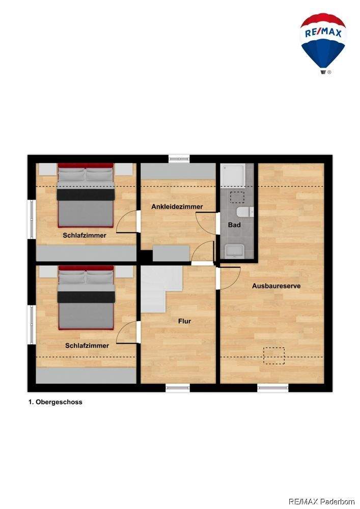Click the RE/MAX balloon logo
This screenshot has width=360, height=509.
point(323,43)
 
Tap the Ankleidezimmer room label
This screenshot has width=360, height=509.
point(177,207)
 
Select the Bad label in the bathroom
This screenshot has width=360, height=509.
point(234,224)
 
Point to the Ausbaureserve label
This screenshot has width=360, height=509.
point(276,286)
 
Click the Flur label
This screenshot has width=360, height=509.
point(184,321)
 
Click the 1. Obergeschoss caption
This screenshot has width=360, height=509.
point(55,402)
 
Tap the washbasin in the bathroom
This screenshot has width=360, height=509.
point(235,251)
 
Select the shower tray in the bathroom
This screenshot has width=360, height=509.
point(233,176)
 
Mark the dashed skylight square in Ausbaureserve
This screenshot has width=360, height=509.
point(273,355)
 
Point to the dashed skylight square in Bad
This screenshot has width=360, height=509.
point(237,197)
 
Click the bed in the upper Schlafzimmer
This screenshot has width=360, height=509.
point(86,195)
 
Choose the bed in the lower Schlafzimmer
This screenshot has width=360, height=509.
point(86,297)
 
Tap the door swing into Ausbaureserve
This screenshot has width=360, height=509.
point(230,278)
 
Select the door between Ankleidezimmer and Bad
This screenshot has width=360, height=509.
point(206,223)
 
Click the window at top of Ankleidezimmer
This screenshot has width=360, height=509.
point(179,158)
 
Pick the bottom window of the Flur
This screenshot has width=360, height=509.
point(178,387)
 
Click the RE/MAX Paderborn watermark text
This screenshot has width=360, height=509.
point(321,501)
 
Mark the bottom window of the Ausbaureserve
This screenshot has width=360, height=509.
point(273,387)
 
